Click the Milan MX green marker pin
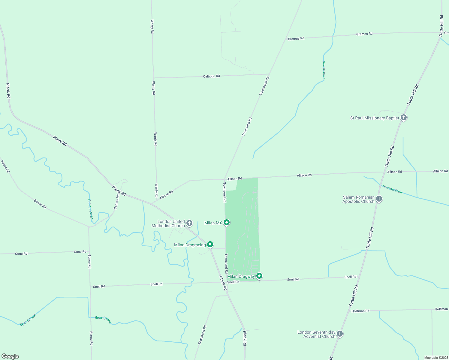[227, 223]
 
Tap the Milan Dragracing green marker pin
[210, 244]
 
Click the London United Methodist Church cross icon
[189, 223]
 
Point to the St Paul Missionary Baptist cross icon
[404, 118]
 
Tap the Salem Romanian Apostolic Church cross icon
[379, 199]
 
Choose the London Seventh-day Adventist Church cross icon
[339, 334]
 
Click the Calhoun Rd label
[211, 76]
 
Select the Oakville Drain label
[324, 70]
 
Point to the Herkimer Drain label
[392, 189]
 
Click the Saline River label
[90, 209]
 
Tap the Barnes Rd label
[117, 202]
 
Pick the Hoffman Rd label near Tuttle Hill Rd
[360, 311]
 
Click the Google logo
[10, 356]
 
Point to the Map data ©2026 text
[435, 358]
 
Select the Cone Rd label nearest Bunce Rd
[80, 252]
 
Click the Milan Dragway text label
[241, 276]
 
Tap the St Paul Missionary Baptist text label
[375, 118]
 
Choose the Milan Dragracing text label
[190, 245]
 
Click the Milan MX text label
[213, 223]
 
